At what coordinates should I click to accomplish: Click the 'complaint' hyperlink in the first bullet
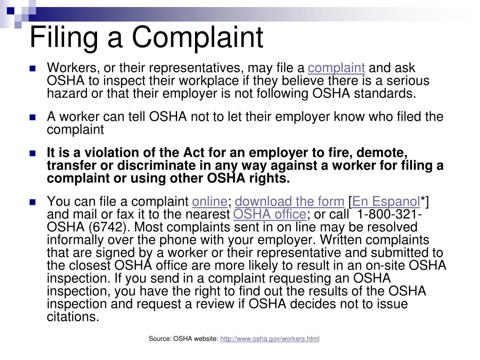[337, 68]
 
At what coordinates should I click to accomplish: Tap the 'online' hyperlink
[210, 202]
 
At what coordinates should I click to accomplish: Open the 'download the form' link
[290, 202]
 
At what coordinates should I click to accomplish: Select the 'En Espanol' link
[386, 202]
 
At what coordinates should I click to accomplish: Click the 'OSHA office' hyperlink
[270, 215]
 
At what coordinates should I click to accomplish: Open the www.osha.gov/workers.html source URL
[270, 338]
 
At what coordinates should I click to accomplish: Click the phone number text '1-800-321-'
[390, 215]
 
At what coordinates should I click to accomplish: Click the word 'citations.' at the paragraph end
[73, 316]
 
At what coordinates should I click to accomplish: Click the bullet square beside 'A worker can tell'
[33, 117]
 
